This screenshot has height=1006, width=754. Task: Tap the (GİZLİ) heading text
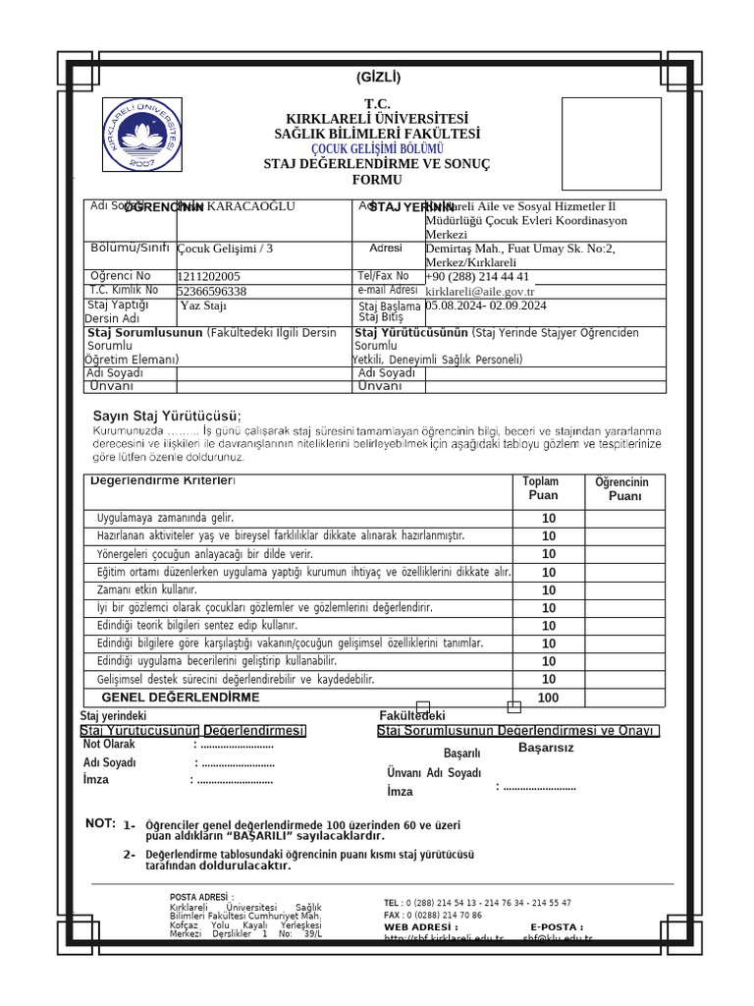click(x=377, y=78)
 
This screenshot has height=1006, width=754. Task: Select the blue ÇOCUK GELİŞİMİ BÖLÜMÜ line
click(x=377, y=148)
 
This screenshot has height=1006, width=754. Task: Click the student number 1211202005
click(x=209, y=277)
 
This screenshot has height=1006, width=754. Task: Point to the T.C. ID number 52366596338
click(x=212, y=292)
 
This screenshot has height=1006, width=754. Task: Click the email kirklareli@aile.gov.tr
click(x=480, y=292)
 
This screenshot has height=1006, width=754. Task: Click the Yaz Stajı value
click(x=203, y=306)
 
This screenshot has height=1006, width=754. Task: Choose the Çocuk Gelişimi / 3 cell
click(x=225, y=249)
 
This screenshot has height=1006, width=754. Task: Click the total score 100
click(x=548, y=698)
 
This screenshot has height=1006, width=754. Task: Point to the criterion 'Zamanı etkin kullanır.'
click(x=147, y=589)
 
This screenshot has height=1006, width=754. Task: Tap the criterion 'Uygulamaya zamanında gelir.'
click(x=165, y=518)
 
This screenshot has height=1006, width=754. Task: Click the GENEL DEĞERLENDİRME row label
click(x=188, y=698)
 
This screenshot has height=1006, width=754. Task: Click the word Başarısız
click(x=546, y=748)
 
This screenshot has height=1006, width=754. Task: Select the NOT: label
click(x=100, y=823)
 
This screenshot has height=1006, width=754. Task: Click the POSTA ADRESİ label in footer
click(x=201, y=897)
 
